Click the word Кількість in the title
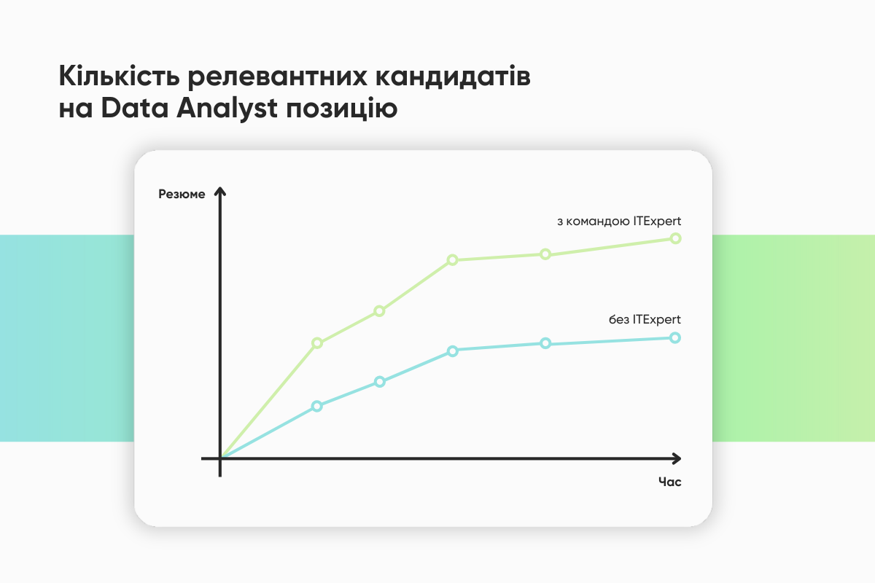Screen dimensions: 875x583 119,75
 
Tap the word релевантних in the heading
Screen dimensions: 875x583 277,77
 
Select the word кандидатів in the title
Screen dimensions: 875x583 453,76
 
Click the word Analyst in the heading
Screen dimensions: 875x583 227,108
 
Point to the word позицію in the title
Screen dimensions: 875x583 342,108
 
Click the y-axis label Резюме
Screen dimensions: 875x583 182,194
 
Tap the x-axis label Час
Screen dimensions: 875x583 669,482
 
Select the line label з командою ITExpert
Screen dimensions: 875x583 619,222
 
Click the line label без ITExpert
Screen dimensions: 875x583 645,319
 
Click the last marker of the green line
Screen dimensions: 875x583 675,238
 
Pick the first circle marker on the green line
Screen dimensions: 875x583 316,343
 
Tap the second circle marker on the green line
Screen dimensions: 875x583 379,311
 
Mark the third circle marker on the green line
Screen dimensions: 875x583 452,260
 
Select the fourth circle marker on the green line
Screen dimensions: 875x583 545,254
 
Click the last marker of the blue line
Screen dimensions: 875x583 675,337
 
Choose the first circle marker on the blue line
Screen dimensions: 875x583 316,407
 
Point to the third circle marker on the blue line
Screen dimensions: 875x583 452,351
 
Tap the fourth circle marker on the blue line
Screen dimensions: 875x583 545,344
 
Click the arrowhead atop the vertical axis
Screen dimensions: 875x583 220,192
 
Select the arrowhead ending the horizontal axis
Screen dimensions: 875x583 677,458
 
